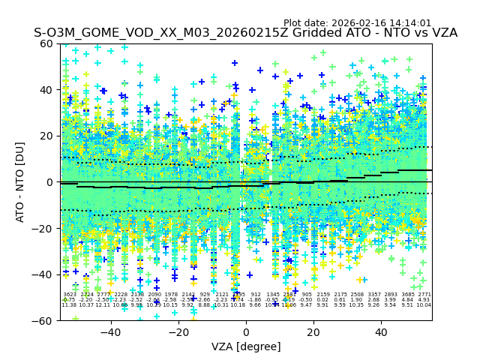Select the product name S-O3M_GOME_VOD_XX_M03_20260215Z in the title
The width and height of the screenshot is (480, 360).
pyautogui.click(x=143, y=34)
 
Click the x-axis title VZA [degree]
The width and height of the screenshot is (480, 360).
pyautogui.click(x=246, y=346)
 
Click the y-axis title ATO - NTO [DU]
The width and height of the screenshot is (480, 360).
pyautogui.click(x=20, y=181)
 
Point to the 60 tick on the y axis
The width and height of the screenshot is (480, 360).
pyautogui.click(x=48, y=43)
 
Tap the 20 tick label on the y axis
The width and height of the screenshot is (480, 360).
pyautogui.click(x=48, y=136)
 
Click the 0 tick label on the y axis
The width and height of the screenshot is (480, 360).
pyautogui.click(x=51, y=182)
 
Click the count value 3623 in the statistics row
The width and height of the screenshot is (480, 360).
pyautogui.click(x=69, y=295)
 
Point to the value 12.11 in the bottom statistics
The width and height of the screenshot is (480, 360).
pyautogui.click(x=103, y=305)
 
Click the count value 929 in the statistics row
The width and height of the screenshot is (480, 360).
pyautogui.click(x=205, y=295)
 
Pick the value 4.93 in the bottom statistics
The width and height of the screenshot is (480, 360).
pyautogui.click(x=424, y=300)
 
